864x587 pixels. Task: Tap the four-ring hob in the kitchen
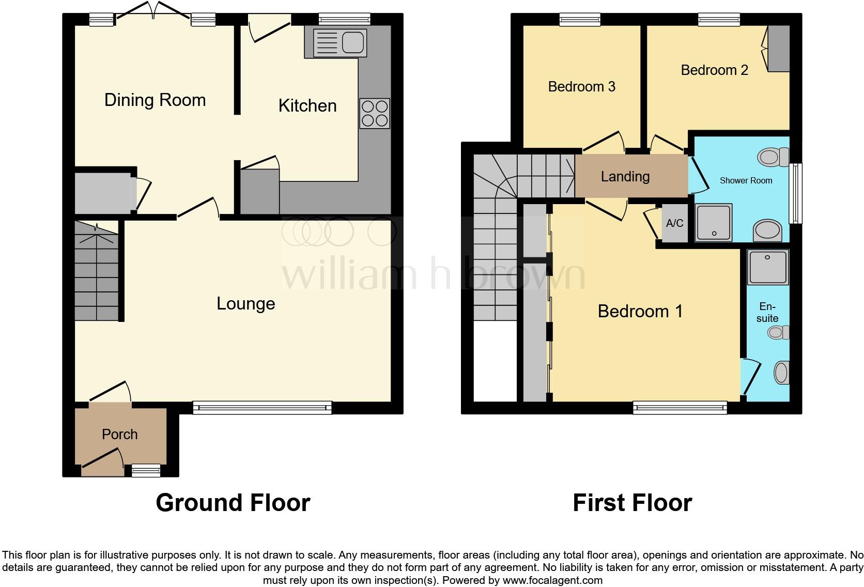click(375, 114)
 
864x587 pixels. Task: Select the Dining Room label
click(155, 100)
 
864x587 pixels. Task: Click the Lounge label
click(245, 303)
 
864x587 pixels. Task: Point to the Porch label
click(120, 434)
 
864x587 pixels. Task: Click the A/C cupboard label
click(674, 223)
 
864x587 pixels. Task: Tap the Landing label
click(625, 177)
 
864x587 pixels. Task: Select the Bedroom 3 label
click(581, 86)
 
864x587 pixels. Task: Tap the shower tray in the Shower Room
click(714, 223)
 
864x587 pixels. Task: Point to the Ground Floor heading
click(233, 503)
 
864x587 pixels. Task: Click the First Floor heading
click(632, 503)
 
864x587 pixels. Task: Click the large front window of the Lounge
click(262, 408)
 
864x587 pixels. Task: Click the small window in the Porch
click(145, 470)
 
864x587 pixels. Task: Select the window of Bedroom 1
click(680, 408)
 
